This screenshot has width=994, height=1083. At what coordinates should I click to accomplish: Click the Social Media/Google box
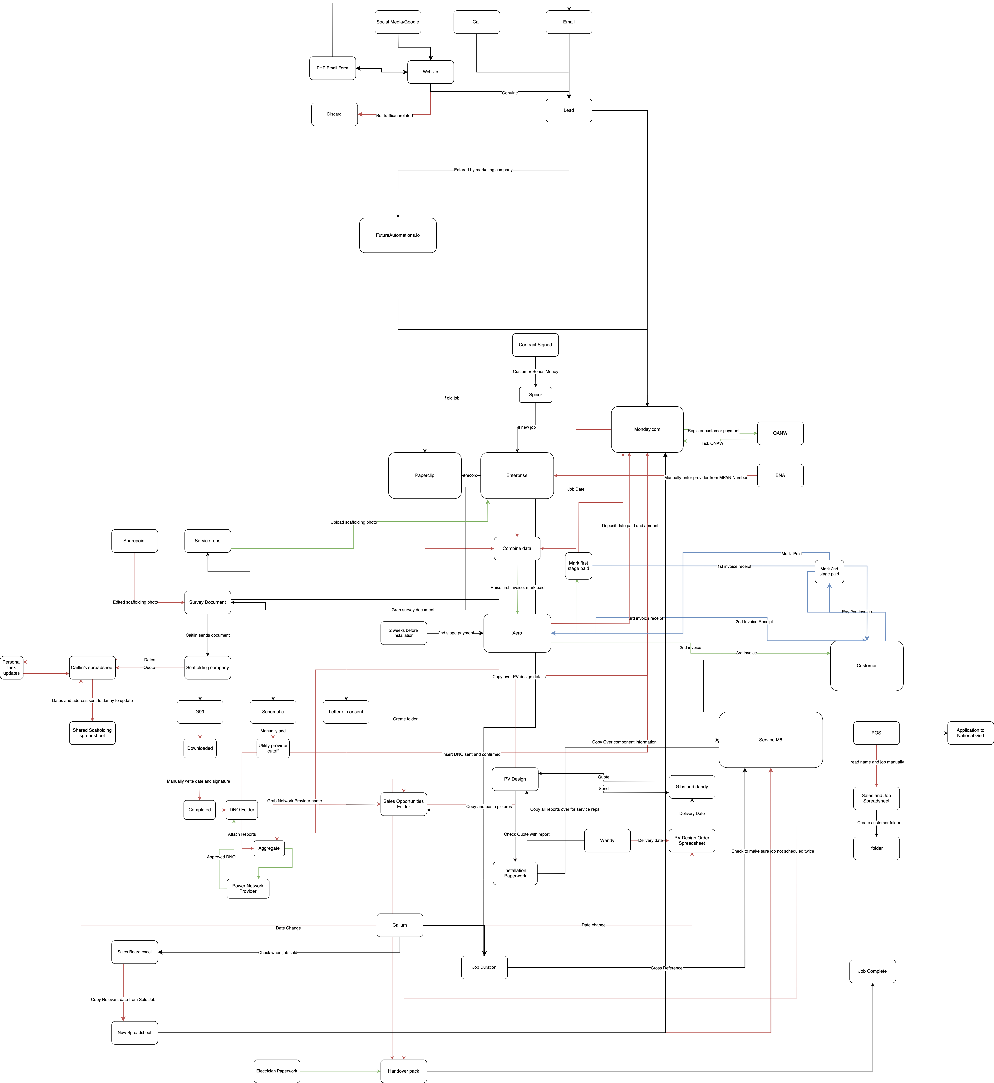397,22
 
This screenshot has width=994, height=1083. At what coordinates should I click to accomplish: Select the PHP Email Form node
332,68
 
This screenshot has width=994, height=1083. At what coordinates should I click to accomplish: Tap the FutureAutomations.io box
397,235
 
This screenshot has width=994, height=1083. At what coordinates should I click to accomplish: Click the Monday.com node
647,429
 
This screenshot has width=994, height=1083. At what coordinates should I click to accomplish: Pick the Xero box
517,633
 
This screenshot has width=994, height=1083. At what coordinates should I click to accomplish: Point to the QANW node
780,433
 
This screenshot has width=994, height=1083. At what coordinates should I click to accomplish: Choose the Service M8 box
770,739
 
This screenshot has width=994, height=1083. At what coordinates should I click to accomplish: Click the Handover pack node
403,1071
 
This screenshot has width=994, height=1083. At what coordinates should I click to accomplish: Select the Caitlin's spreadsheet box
92,667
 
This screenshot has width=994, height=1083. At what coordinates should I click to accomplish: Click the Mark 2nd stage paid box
829,571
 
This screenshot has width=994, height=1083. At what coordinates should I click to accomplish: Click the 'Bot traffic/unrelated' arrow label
394,116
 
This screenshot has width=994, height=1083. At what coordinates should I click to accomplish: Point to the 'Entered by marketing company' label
483,170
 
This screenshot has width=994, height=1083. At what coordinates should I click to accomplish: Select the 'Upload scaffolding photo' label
353,522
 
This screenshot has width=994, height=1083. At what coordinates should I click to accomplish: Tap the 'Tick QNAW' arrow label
712,444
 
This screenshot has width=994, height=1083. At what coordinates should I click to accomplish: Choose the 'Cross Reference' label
667,968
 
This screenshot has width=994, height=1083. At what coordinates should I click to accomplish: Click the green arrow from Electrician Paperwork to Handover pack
339,1071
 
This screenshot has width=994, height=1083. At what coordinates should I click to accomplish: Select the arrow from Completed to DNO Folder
220,809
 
